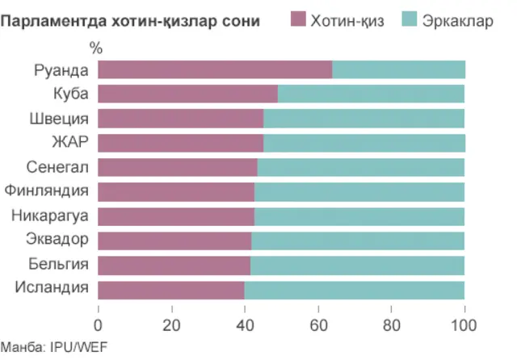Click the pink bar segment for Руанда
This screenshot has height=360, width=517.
click(x=215, y=69)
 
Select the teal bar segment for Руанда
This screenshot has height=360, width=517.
click(x=398, y=69)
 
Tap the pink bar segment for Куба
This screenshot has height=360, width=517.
click(x=187, y=94)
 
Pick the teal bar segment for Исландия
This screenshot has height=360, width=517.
click(x=354, y=289)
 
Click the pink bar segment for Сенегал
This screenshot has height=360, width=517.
click(x=178, y=167)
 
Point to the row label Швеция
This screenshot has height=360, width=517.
click(x=60, y=119)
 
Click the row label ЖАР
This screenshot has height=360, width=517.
click(x=69, y=143)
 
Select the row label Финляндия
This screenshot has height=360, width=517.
click(x=46, y=191)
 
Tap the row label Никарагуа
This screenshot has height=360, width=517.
click(x=49, y=216)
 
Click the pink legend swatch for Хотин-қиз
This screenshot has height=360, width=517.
click(x=297, y=20)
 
